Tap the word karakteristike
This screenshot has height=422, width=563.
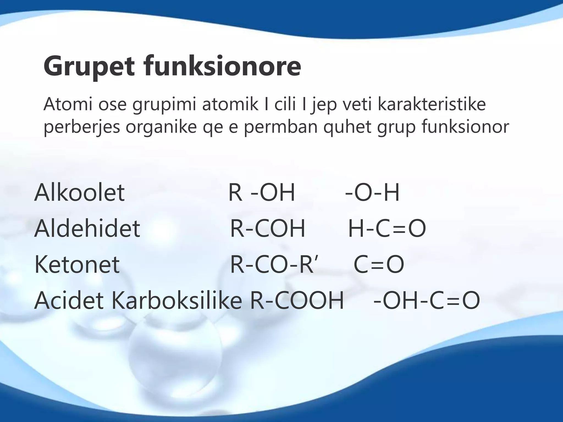click(432, 104)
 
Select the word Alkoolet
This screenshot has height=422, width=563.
click(79, 192)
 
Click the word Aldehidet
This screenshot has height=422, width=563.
click(87, 228)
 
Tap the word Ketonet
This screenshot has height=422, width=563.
click(77, 264)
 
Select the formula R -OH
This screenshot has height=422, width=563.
click(261, 192)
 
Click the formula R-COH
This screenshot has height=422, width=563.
click(267, 228)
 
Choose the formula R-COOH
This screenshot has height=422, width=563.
click(297, 300)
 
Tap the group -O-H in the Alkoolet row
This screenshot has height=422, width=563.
click(372, 192)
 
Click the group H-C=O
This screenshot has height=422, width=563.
click(387, 228)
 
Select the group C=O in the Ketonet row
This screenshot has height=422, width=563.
click(379, 264)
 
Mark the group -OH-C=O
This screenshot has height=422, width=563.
click(427, 300)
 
